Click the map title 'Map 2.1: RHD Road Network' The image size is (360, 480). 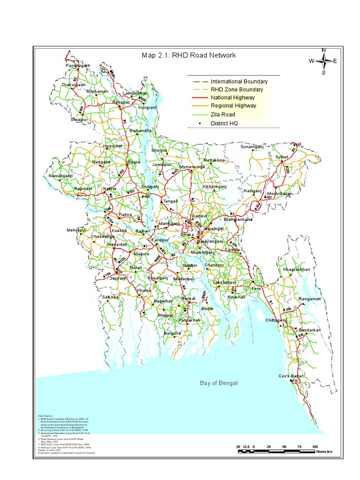point(189,55)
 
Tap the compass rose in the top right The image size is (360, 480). point(323,61)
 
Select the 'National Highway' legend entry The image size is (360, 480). point(232,97)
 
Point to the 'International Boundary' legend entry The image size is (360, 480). point(239,81)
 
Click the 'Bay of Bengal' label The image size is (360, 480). point(219,383)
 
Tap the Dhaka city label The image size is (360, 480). point(187,234)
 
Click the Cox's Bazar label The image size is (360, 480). point(292,376)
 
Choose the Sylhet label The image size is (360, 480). point(282,157)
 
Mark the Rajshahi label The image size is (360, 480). point(84,189)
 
